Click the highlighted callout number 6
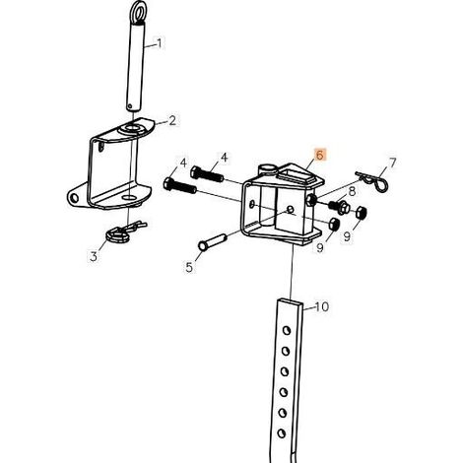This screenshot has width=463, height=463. [x=320, y=155]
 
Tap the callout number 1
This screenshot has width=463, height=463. [x=160, y=43]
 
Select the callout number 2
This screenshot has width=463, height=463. [x=172, y=121]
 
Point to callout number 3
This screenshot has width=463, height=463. [x=94, y=256]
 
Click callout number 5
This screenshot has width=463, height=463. [x=189, y=267]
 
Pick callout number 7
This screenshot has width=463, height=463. [x=392, y=163]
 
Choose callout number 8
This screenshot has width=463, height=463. [x=352, y=191]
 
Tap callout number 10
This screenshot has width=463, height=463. [x=322, y=306]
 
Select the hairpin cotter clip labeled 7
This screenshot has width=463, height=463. [x=372, y=181]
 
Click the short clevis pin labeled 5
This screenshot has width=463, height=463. [x=212, y=241]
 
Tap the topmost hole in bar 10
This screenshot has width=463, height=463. [x=287, y=330]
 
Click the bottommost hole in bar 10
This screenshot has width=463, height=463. [x=281, y=433]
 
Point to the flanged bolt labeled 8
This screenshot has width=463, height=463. [x=340, y=207]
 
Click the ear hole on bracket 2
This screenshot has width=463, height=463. [x=75, y=198]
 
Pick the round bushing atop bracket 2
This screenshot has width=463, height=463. [x=131, y=129]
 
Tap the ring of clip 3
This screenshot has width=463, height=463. [x=117, y=234]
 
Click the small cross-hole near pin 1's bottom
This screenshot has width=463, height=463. [x=131, y=106]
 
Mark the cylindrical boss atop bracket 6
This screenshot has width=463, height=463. [x=267, y=169]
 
